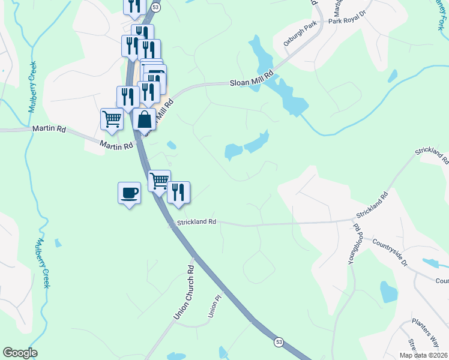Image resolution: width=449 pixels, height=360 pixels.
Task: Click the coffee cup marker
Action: (x=129, y=193)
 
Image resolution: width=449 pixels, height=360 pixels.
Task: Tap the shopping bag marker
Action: (x=145, y=119)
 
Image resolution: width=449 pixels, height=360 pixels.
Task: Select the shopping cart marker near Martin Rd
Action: (x=112, y=119)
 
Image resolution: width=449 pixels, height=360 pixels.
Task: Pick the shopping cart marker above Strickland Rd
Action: (x=159, y=180)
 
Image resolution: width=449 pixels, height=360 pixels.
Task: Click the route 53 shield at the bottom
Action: (x=279, y=341)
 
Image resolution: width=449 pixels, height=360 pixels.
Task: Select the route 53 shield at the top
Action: (x=155, y=7)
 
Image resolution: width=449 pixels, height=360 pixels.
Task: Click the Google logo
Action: (x=20, y=353)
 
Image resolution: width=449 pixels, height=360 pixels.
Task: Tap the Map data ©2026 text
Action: (x=424, y=355)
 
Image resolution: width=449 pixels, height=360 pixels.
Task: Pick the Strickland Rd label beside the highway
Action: (x=195, y=222)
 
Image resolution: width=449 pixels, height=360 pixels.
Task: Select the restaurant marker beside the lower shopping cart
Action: (x=178, y=193)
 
